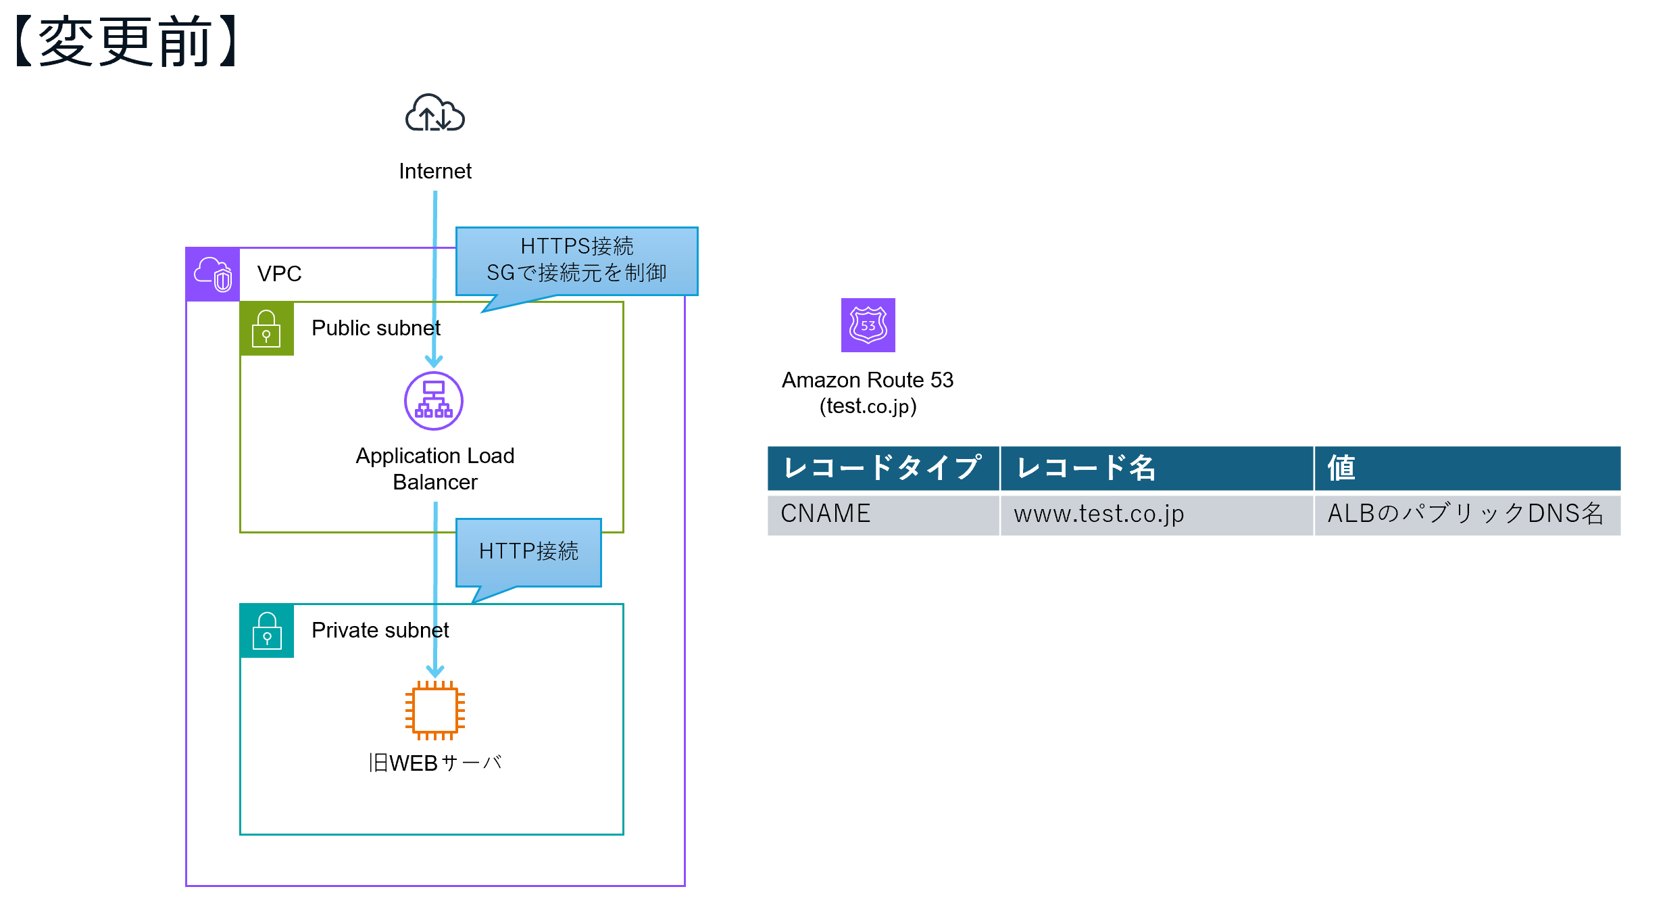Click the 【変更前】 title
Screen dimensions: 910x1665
coord(126,42)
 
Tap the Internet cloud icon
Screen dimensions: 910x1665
coord(434,113)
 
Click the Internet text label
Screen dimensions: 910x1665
coord(434,171)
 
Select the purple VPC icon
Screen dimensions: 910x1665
coord(213,274)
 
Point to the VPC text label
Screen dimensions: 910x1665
coord(279,274)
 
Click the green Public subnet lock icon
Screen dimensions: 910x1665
coord(267,329)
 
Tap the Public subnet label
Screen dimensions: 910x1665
coord(376,328)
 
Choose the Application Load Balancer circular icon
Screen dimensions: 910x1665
coord(433,401)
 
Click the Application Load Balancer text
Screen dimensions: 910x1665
coord(434,469)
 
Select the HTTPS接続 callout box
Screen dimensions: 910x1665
coord(576,260)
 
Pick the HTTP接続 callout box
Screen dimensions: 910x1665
coord(528,551)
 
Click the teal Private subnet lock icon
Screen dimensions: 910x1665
coord(267,630)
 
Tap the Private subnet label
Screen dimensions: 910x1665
coord(380,630)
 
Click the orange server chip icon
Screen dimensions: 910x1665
coord(434,710)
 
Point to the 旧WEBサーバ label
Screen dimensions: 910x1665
coord(434,763)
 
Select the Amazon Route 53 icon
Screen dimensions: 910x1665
coord(868,325)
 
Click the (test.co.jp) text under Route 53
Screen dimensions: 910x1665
coord(868,406)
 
